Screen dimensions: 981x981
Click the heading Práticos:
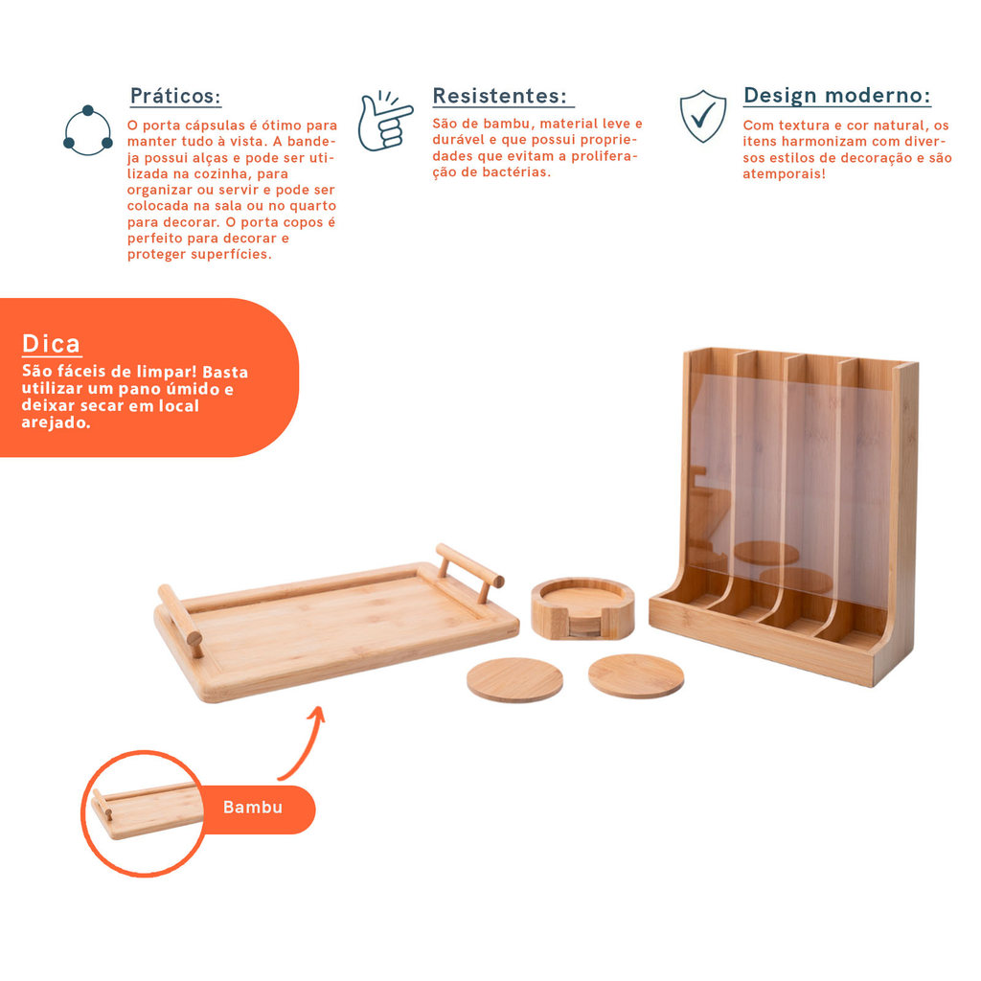click(175, 96)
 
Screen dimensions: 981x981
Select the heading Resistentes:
click(500, 96)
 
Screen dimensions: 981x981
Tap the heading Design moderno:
click(837, 95)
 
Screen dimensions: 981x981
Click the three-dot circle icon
click(88, 130)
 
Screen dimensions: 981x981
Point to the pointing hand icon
click(385, 122)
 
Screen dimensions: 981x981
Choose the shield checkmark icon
click(703, 116)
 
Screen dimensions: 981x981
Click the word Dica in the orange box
click(52, 344)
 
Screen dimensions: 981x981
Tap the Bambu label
click(253, 807)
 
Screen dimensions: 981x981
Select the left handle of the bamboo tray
click(181, 620)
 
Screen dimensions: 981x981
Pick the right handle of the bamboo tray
click(469, 571)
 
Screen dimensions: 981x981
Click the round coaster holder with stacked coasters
click(582, 608)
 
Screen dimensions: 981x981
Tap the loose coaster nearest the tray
click(514, 679)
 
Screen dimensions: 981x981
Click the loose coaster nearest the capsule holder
click(636, 675)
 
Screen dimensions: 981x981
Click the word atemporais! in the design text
click(784, 174)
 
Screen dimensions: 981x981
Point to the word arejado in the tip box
click(55, 422)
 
